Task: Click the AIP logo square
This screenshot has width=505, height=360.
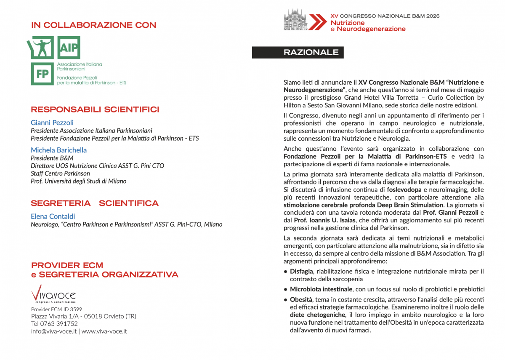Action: (68, 48)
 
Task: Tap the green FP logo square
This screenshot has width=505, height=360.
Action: (42, 74)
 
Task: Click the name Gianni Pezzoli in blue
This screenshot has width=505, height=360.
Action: (52, 123)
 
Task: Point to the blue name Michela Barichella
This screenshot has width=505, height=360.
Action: (58, 150)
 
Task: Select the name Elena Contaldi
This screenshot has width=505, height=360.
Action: (53, 216)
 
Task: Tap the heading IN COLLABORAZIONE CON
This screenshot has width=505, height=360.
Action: (93, 25)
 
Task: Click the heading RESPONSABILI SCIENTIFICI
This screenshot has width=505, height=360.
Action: (95, 110)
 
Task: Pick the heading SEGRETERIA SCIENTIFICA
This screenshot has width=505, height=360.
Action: (95, 203)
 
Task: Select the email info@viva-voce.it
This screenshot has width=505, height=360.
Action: (53, 331)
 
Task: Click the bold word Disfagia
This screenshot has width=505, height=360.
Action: (301, 271)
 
